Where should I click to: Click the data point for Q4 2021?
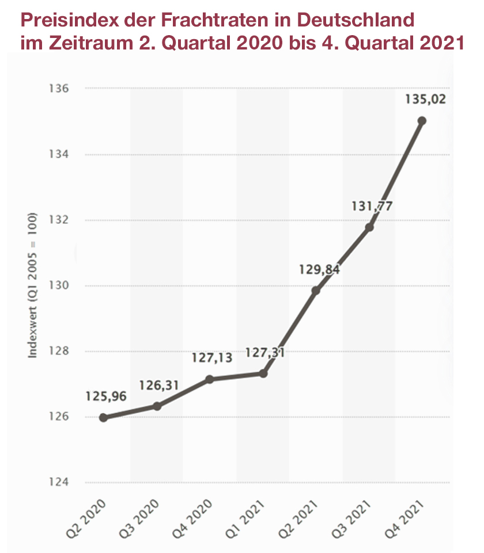click(422, 121)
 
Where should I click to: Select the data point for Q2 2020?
click(103, 418)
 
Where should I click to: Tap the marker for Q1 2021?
click(263, 373)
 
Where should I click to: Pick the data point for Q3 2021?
click(369, 227)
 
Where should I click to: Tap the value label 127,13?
click(212, 358)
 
